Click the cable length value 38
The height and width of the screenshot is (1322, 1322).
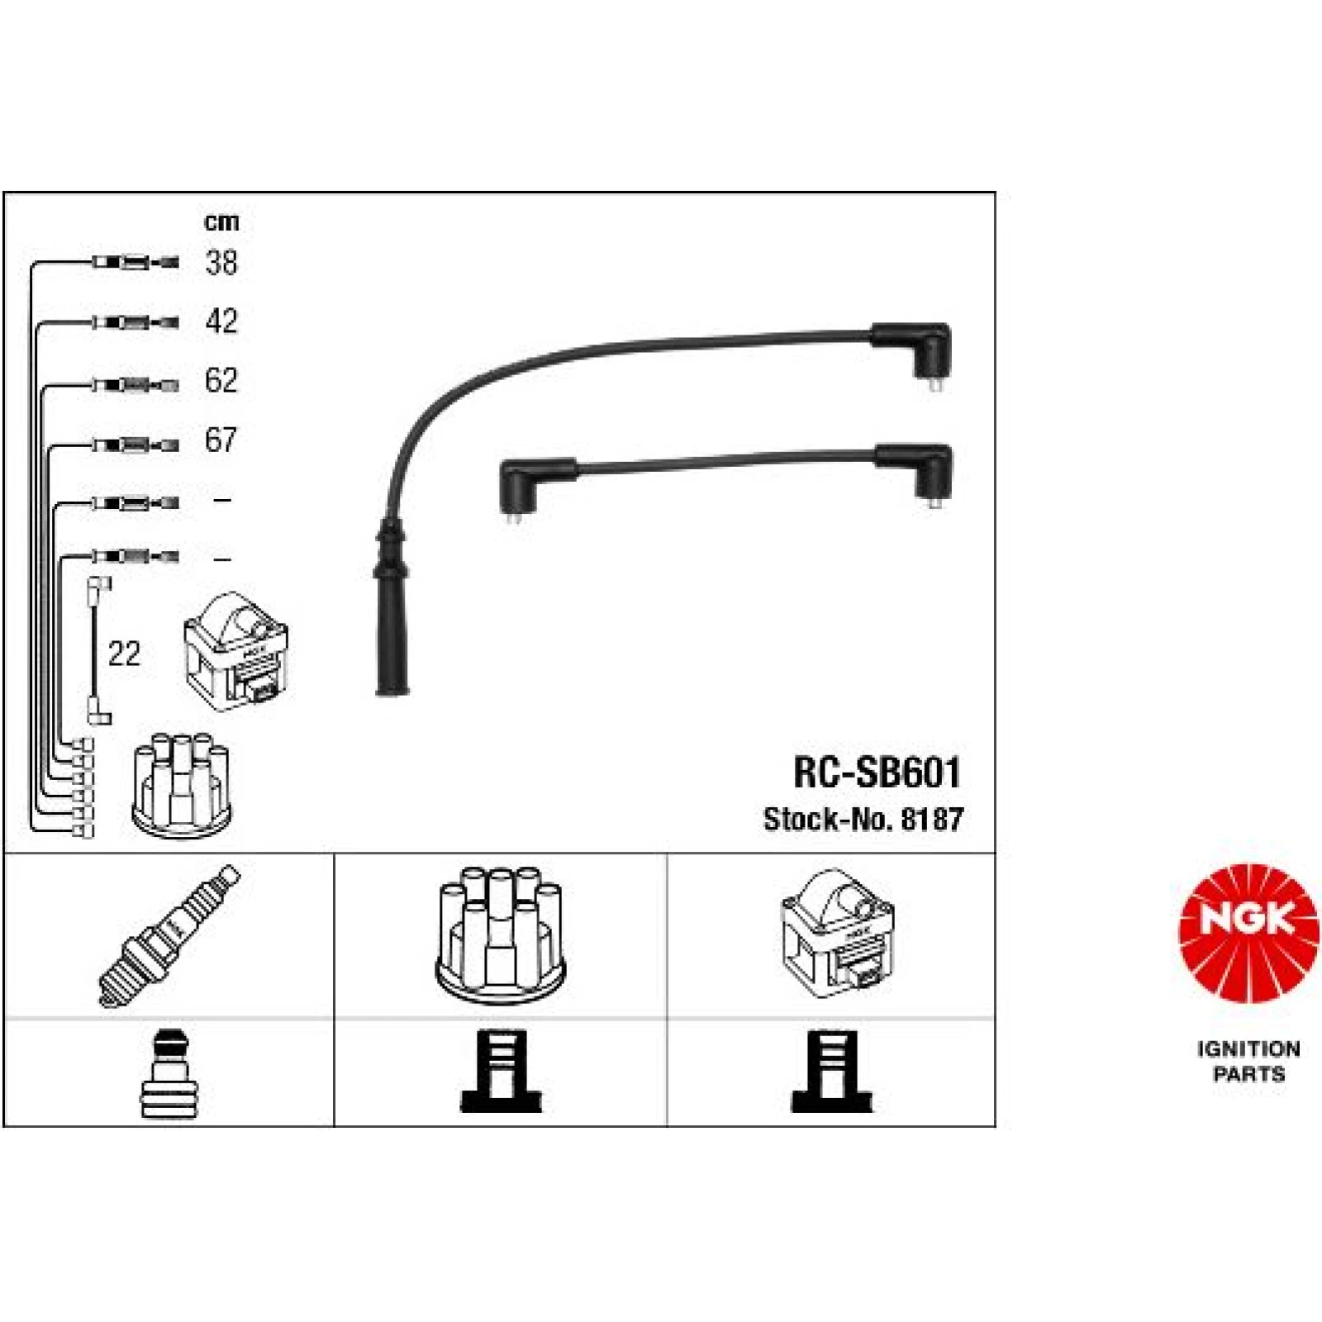point(221,263)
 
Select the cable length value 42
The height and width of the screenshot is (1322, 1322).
point(221,321)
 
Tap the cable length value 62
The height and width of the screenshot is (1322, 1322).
point(221,380)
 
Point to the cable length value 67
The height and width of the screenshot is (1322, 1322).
point(221,440)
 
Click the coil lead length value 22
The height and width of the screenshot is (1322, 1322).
point(124,654)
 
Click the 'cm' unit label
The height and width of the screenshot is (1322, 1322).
point(221,221)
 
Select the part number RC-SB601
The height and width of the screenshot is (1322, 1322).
point(877,773)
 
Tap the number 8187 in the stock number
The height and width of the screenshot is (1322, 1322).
point(932,819)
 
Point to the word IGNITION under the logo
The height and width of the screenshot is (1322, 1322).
point(1248,1049)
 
